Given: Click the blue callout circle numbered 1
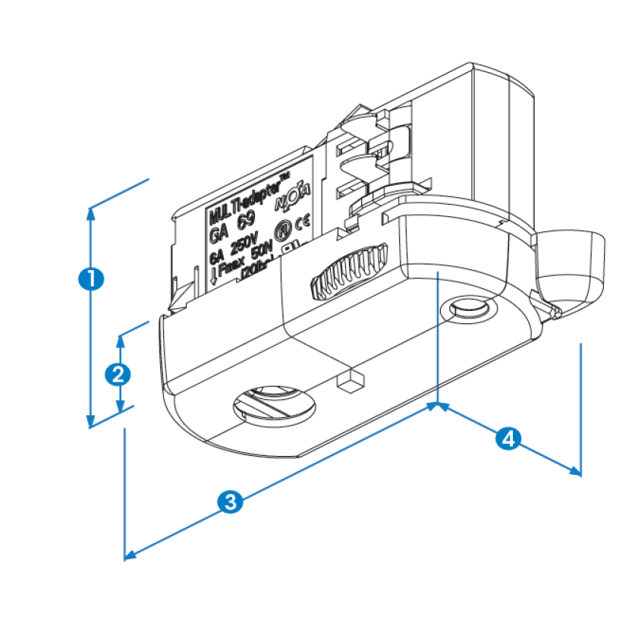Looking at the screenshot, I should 91,278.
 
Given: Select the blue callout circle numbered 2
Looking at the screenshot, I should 118,373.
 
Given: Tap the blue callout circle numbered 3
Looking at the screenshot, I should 230,501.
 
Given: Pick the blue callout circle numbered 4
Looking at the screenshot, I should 509,438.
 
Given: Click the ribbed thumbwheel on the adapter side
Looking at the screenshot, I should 349,271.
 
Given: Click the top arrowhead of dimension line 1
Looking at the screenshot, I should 91,213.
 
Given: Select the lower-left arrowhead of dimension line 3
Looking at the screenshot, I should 129,556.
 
